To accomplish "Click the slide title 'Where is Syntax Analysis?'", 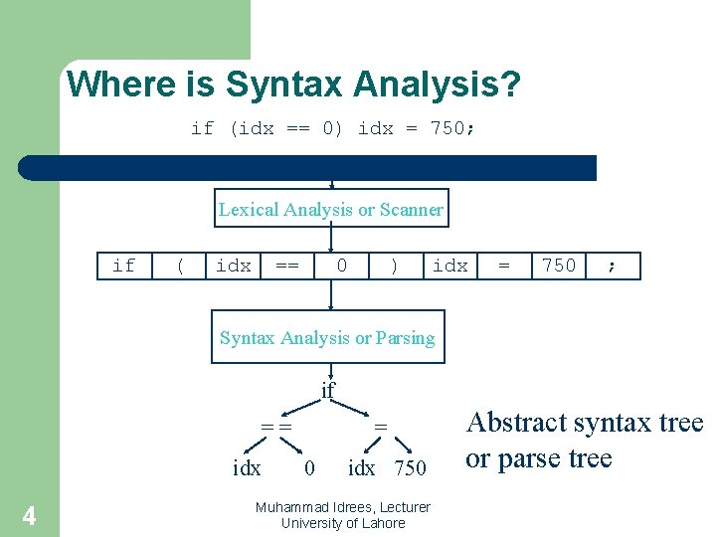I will (293, 84).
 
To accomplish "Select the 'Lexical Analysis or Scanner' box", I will (331, 209).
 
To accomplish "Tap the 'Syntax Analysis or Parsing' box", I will (327, 338).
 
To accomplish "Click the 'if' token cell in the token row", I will (124, 266).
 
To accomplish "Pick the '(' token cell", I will (179, 266).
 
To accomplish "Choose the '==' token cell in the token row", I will (287, 266).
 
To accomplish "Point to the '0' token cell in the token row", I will (342, 266).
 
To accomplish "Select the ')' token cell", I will (396, 266).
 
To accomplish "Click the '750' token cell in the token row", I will (558, 266).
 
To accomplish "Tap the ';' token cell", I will (612, 266).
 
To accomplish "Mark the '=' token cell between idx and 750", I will (504, 266).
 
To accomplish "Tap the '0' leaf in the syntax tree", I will (309, 467).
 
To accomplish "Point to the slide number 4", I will (29, 515).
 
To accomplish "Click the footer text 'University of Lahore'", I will (343, 523).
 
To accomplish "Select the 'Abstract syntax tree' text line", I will (585, 423).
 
